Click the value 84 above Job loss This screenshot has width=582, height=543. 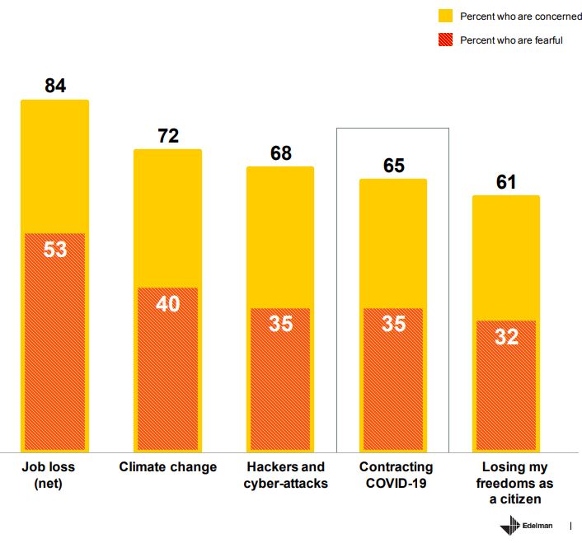[55, 86]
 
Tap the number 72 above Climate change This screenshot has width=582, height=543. [168, 136]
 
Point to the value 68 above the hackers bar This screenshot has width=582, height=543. [281, 153]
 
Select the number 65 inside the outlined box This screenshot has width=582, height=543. [394, 166]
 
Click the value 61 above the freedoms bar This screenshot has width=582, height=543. [506, 182]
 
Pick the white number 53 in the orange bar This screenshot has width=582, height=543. [55, 250]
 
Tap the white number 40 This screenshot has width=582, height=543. [168, 304]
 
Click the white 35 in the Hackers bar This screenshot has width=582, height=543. [281, 324]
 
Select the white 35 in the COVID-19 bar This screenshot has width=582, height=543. [394, 324]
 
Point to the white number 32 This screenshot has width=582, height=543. [506, 336]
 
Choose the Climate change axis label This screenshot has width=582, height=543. [168, 467]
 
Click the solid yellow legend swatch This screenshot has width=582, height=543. [445, 16]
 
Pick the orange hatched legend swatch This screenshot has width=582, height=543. [445, 40]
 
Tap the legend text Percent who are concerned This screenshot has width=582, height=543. [520, 16]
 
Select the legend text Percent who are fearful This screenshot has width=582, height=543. [511, 40]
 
